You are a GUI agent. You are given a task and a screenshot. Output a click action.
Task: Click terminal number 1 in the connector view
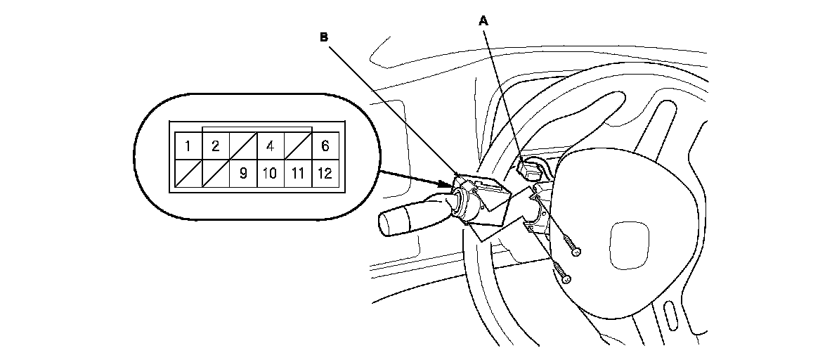pyautogui.click(x=188, y=147)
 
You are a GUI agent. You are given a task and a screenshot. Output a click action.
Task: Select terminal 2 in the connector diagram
pyautogui.click(x=216, y=147)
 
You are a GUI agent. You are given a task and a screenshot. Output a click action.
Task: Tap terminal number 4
pyautogui.click(x=271, y=147)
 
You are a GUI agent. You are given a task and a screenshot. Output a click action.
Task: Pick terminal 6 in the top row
pyautogui.click(x=325, y=147)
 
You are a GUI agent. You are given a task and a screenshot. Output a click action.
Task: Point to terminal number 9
pyautogui.click(x=243, y=172)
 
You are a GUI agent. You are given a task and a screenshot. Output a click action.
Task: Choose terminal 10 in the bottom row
pyautogui.click(x=271, y=172)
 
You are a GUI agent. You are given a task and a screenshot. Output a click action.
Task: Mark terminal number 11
pyautogui.click(x=297, y=172)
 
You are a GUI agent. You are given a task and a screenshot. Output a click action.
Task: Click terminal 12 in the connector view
pyautogui.click(x=325, y=172)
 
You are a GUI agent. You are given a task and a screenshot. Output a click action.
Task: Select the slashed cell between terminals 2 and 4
pyautogui.click(x=243, y=147)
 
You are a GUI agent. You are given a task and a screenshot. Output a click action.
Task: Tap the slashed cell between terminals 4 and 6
pyautogui.click(x=297, y=147)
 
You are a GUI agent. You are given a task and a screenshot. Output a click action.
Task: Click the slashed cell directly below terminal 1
pyautogui.click(x=188, y=172)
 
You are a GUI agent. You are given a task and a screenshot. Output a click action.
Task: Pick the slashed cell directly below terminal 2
pyautogui.click(x=216, y=172)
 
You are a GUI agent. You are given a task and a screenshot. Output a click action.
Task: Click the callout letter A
pyautogui.click(x=483, y=22)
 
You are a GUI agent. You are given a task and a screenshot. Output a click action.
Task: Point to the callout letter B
pyautogui.click(x=324, y=38)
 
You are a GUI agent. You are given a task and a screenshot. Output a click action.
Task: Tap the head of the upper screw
pyautogui.click(x=576, y=250)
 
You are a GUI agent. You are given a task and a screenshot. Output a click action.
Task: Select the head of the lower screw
pyautogui.click(x=566, y=278)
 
